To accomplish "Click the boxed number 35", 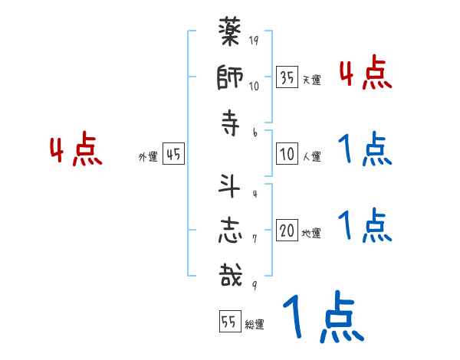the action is pyautogui.click(x=287, y=77).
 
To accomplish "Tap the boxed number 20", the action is pyautogui.click(x=287, y=231).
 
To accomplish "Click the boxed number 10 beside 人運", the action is pyautogui.click(x=287, y=154).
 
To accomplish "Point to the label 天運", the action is pyautogui.click(x=311, y=80).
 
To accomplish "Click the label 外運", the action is pyautogui.click(x=147, y=156).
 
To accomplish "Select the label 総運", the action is pyautogui.click(x=254, y=325).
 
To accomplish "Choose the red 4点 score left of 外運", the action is pyautogui.click(x=74, y=150).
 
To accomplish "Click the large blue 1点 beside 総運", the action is pyautogui.click(x=322, y=318).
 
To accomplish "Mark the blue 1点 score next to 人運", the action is pyautogui.click(x=365, y=150).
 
